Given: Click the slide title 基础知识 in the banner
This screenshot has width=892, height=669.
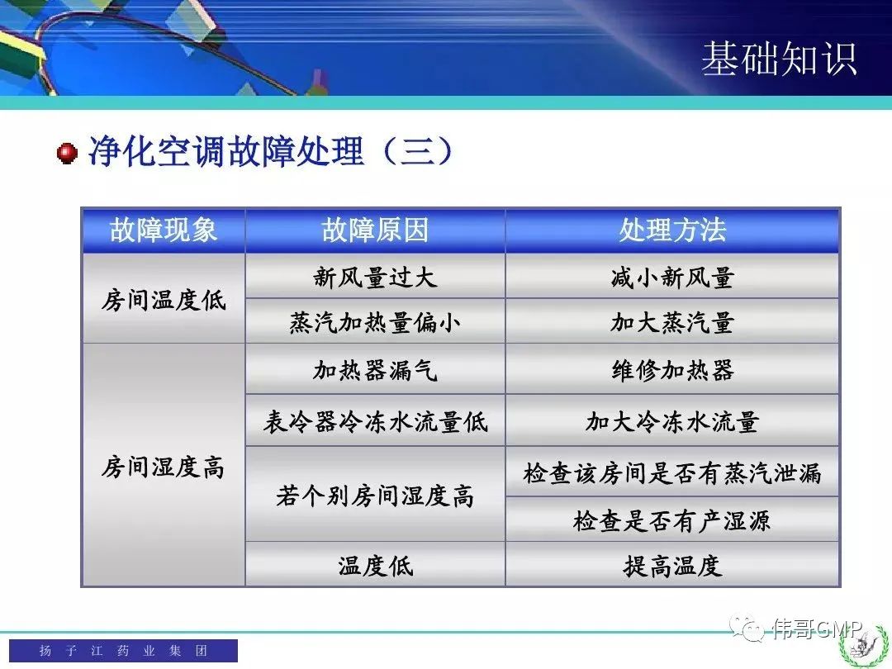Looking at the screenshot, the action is tap(779, 58).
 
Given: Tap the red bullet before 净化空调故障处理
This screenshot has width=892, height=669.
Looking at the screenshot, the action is tap(67, 153).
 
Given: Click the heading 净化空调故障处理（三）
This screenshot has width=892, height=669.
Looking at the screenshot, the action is tap(272, 151).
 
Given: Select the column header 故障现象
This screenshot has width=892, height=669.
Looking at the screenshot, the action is tap(164, 230).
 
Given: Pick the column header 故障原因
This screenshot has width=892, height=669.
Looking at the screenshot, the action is tap(375, 230).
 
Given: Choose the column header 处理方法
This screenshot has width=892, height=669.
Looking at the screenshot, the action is tap(672, 230).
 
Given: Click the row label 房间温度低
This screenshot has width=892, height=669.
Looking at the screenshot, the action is tap(164, 300).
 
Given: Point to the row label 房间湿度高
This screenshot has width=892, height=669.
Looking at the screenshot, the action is tap(164, 467).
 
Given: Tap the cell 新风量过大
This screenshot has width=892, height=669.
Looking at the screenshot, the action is tap(375, 278).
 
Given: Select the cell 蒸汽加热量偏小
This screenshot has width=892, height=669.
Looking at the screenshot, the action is tap(375, 323).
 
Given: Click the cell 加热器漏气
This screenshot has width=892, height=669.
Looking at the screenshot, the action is tap(375, 370).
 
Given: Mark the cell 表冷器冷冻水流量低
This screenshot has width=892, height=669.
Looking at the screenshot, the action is tap(375, 421).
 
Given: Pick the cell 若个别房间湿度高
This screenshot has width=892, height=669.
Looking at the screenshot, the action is tap(375, 496).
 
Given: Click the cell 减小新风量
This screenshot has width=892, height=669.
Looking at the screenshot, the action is tap(672, 278).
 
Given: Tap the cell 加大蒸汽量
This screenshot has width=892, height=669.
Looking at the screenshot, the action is tap(672, 323).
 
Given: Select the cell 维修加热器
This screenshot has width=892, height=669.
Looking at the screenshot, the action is tap(672, 370).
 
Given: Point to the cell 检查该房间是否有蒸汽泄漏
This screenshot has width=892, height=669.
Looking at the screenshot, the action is tap(672, 472).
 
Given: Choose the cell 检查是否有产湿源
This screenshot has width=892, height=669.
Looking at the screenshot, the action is tap(672, 520).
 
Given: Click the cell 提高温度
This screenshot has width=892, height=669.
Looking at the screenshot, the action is tap(672, 566).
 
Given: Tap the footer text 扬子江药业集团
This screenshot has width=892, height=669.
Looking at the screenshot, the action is tap(123, 650).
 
